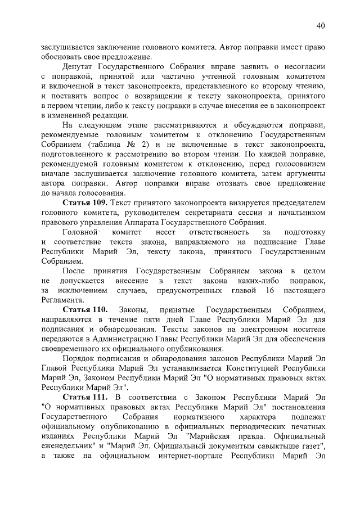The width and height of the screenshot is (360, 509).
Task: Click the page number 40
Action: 321,25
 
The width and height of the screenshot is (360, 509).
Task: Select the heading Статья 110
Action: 84,310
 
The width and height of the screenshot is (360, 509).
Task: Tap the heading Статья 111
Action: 84,398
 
